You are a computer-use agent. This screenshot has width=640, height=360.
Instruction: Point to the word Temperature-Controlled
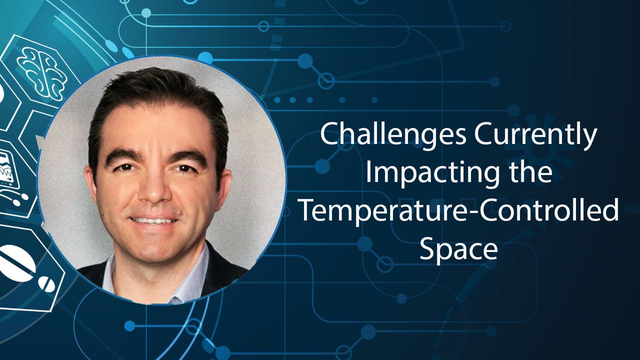pos(458,210)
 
